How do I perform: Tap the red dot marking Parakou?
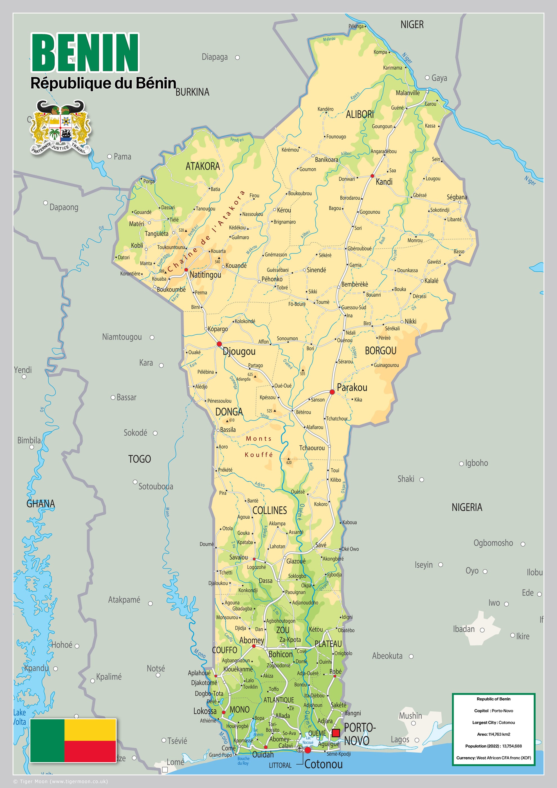point(332,391)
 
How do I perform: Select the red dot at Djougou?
point(219,344)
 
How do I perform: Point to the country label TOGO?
point(139,459)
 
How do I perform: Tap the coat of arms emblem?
point(61,127)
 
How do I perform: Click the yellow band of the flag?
point(90,729)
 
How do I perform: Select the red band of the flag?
point(90,751)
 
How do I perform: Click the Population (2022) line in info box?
point(493,746)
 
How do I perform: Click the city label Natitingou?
point(205,275)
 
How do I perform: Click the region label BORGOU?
point(380,351)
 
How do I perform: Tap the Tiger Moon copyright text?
point(60,782)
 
